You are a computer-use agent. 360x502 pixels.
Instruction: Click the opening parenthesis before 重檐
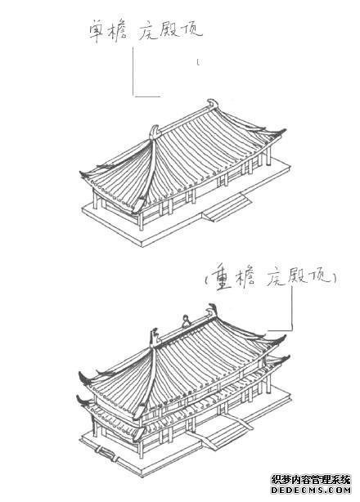coord(206,279)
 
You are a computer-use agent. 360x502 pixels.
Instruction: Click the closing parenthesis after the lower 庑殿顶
coord(334,278)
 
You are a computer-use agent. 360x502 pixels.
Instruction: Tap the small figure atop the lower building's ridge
coord(186,321)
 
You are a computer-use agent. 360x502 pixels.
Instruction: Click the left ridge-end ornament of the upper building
coord(155,132)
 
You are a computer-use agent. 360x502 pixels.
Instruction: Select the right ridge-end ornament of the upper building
coord(213,104)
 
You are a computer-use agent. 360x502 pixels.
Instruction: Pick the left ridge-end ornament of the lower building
coord(155,337)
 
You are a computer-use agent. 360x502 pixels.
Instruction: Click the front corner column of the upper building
coord(142,221)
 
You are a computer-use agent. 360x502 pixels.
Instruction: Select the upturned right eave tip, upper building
coord(282,131)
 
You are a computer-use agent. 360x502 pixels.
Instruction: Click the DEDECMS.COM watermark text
coord(311,490)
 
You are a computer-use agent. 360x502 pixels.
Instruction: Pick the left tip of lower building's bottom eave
coord(80,399)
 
